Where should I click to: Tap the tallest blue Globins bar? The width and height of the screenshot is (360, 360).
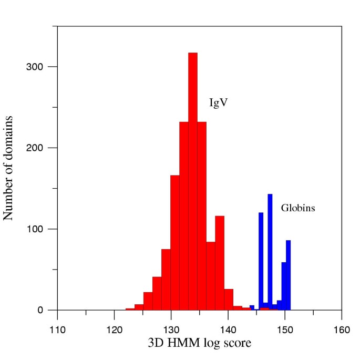pos(270,252)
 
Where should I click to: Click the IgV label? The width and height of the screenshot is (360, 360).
pos(218,102)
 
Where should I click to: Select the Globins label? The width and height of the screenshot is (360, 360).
pos(298,208)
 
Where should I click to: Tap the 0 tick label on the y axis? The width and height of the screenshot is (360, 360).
pos(48,310)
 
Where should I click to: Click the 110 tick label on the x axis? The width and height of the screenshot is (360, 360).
pos(57,330)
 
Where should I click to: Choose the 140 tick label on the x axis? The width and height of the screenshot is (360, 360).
pos(228,330)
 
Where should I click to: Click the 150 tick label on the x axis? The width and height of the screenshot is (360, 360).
pos(285,330)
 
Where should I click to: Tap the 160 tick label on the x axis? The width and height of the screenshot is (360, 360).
pos(342,330)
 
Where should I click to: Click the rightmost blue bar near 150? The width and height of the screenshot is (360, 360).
pos(288,275)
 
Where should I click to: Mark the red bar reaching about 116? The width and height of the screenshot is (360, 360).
pos(220,263)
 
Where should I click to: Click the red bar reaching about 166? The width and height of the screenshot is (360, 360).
pos(175,242)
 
